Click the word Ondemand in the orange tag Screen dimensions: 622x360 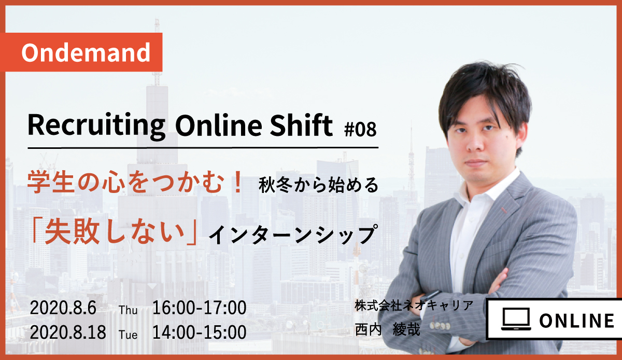[x=86, y=52]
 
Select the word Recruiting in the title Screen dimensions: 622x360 [x=96, y=126]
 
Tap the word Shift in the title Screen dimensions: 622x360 [x=301, y=125]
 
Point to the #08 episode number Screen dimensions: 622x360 [x=360, y=129]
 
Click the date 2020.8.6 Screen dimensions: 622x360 [x=63, y=308]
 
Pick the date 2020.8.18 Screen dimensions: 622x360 [x=68, y=332]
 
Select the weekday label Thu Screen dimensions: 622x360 [x=128, y=310]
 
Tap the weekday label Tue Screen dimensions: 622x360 [x=128, y=335]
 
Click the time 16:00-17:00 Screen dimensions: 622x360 [x=200, y=308]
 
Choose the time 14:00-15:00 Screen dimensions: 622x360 [x=200, y=332]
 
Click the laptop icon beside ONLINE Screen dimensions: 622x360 [x=516, y=319]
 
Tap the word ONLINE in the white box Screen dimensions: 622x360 [x=577, y=321]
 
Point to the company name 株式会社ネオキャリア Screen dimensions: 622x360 [x=414, y=306]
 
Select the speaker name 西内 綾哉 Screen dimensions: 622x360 [x=387, y=330]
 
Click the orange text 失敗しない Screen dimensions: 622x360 [x=115, y=231]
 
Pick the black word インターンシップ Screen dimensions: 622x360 [x=293, y=234]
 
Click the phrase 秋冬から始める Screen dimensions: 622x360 [x=318, y=185]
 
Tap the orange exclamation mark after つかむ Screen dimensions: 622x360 [x=238, y=182]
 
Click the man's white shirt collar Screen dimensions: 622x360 [x=489, y=186]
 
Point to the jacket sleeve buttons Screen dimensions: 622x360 [x=440, y=325]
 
